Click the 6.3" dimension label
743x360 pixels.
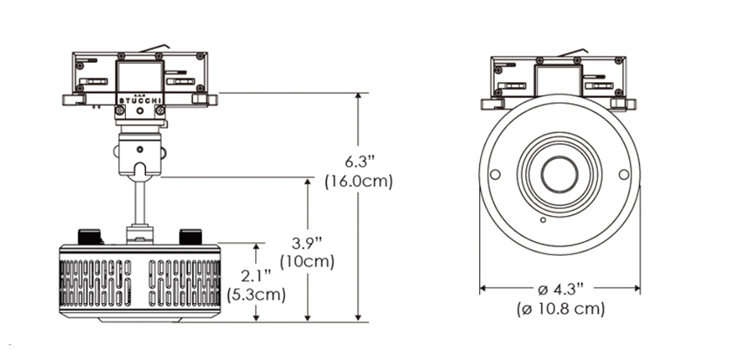coord(359,162)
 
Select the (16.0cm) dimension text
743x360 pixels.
coord(358,182)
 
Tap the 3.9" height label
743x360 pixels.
coord(307,244)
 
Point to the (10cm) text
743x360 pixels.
coord(307,262)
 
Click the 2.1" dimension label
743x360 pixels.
coord(256,276)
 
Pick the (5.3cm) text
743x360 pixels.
coord(256,294)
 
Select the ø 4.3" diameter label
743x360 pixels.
coord(560,288)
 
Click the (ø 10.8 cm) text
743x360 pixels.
coord(560,308)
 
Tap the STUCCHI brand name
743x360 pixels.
coord(140,100)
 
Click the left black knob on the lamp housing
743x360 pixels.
coord(89,237)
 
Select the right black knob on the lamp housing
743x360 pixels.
coord(191,237)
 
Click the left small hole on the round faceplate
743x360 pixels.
coord(495,175)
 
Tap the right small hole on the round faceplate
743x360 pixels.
coord(624,175)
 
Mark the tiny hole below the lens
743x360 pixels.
coord(543,220)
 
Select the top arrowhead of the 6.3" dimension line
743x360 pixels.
coord(358,97)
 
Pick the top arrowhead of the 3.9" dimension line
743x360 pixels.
coord(308,182)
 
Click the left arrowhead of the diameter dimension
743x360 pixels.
coord(483,287)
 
